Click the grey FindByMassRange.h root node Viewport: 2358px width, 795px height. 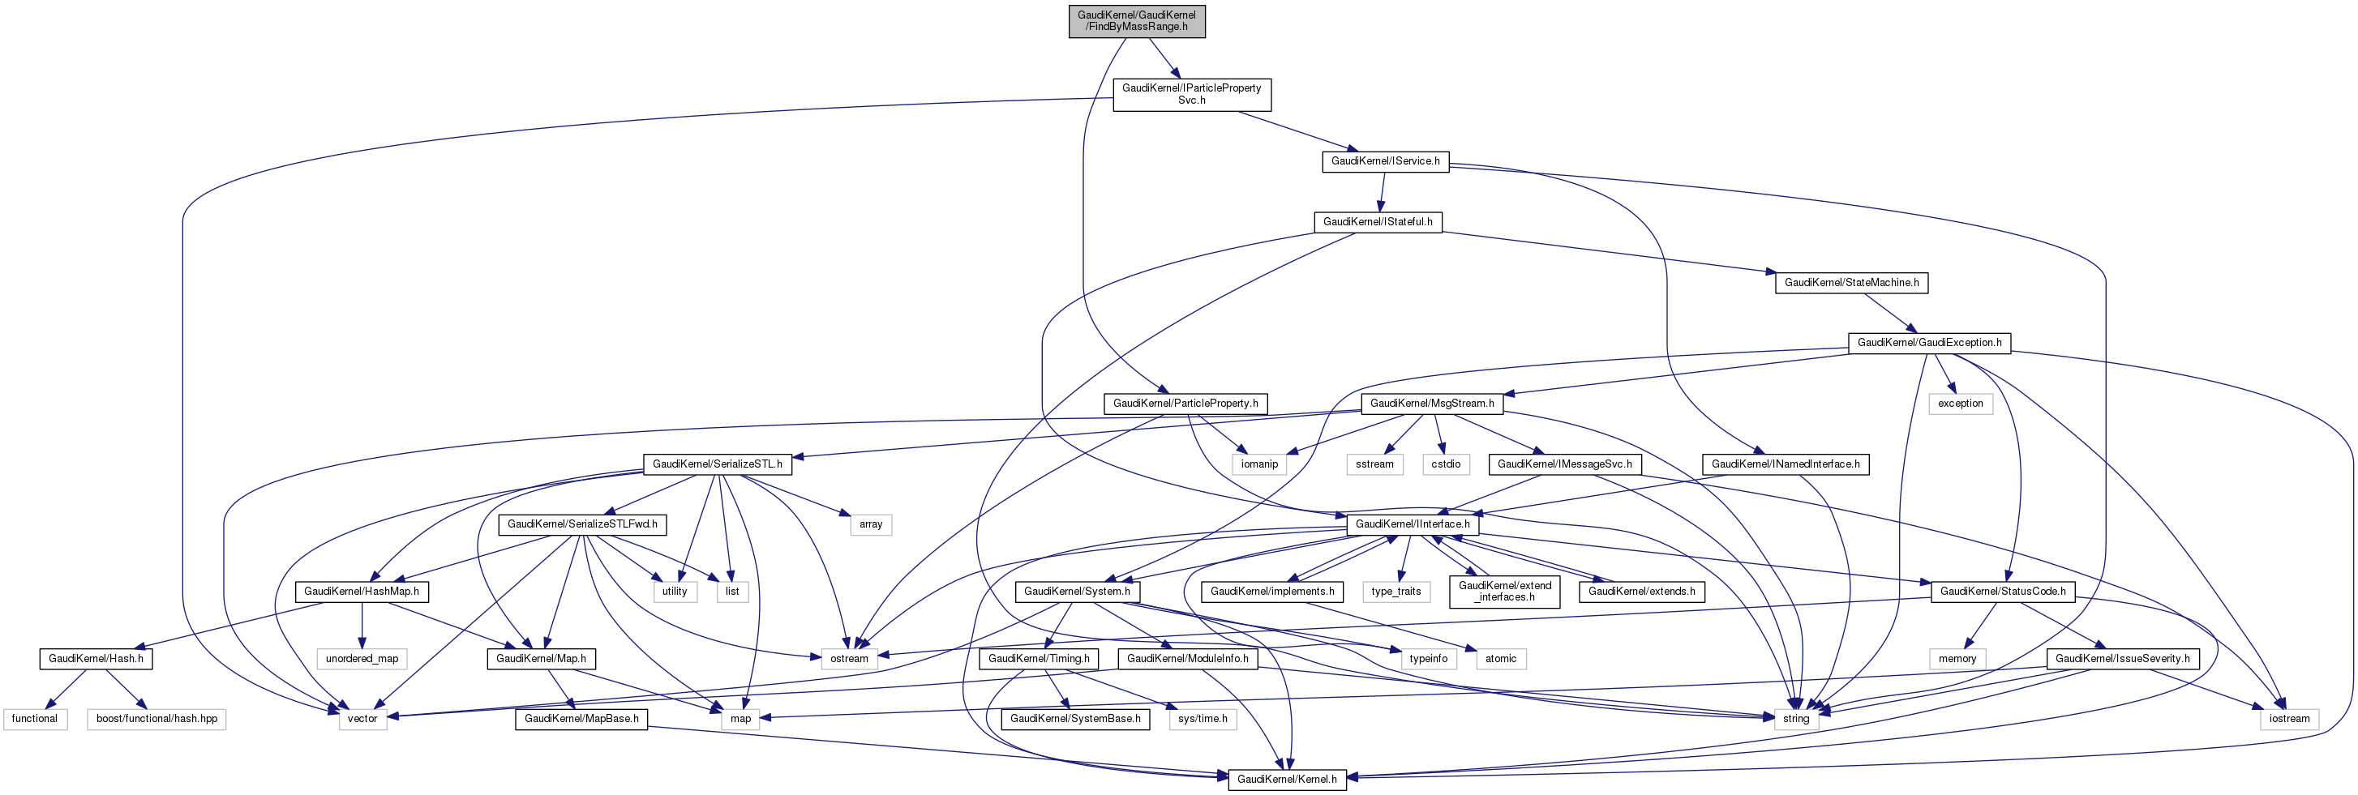tap(1136, 21)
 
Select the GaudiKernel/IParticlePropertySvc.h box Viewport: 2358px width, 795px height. tap(1191, 94)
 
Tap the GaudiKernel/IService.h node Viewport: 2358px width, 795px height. tap(1384, 161)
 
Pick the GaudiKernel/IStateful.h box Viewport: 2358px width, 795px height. tap(1377, 222)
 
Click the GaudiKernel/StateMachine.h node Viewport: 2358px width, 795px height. tap(1851, 283)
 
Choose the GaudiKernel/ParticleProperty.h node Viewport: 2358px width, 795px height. tap(1185, 404)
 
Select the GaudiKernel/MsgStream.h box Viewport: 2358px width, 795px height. tap(1432, 404)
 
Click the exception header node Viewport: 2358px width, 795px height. tap(1960, 404)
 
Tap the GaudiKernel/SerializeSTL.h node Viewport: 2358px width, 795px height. tap(717, 464)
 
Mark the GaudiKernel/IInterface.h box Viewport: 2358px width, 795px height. tap(1412, 525)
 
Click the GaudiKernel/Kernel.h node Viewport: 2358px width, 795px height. tap(1286, 780)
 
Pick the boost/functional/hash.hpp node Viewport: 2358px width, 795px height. tap(156, 719)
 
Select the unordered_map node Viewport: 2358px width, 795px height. tap(362, 659)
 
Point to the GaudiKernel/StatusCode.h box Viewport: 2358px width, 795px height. tap(2002, 592)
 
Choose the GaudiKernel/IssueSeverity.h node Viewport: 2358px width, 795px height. tap(2122, 659)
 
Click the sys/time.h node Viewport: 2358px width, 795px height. tap(1203, 719)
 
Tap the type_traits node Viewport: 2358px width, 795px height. tap(1396, 592)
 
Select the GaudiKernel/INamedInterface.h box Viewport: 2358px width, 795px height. tap(1785, 464)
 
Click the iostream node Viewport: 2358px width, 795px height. tap(2288, 719)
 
